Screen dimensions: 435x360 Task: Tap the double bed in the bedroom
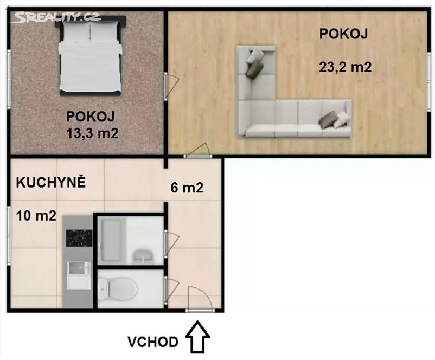[x=91, y=56]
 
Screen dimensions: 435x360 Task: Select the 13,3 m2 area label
[x=92, y=133]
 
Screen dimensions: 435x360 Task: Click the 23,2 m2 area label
[x=346, y=67]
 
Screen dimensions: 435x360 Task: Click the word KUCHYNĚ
[x=51, y=183]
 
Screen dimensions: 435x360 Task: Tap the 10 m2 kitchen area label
[x=36, y=216]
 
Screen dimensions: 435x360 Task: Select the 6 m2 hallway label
[x=187, y=188]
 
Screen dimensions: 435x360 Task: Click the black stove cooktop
[x=79, y=239]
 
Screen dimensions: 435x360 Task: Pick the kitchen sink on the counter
[x=79, y=275]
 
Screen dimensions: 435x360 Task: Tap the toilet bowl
[x=118, y=290]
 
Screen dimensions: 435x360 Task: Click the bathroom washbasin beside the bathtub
[x=143, y=256]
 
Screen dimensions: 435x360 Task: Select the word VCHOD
[x=153, y=342]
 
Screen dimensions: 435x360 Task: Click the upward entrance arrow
[x=197, y=337]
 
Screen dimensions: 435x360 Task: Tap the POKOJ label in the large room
[x=343, y=34]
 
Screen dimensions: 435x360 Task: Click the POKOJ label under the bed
[x=91, y=117]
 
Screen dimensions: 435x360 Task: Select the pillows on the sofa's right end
[x=334, y=119]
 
